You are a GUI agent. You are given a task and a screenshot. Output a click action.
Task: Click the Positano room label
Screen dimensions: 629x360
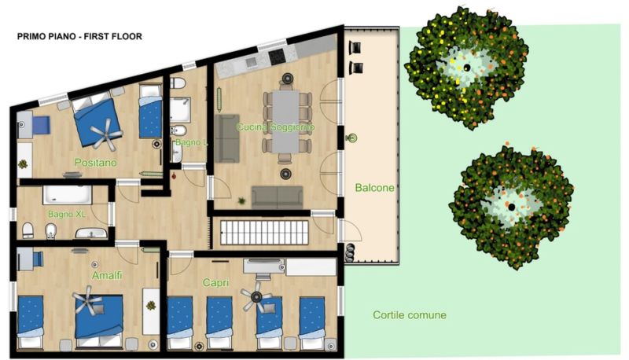(96, 163)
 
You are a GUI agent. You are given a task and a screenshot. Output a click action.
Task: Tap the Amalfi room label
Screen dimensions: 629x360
(107, 275)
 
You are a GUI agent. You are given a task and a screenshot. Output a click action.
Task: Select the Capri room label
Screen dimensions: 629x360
(215, 283)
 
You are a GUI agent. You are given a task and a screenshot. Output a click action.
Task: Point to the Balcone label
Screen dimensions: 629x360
(375, 188)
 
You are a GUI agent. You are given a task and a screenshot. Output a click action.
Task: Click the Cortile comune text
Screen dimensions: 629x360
(410, 315)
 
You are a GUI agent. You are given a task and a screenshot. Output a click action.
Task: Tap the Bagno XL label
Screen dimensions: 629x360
(67, 214)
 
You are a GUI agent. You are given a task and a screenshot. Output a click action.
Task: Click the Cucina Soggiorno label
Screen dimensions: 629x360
(276, 127)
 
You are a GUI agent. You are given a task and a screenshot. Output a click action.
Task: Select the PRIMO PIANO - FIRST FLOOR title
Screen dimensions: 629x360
(79, 36)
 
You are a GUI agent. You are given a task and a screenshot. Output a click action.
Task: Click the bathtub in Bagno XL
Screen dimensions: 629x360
(68, 195)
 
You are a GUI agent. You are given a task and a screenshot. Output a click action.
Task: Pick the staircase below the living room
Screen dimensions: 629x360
(264, 232)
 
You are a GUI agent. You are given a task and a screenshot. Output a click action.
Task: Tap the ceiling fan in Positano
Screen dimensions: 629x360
(106, 134)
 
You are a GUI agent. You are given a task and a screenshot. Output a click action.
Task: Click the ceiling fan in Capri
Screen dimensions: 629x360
(256, 297)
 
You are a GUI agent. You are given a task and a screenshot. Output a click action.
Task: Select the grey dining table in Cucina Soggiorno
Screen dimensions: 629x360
(285, 122)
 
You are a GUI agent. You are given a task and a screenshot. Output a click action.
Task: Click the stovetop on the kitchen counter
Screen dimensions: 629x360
(277, 57)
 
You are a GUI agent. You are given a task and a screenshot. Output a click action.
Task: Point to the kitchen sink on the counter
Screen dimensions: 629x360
(251, 62)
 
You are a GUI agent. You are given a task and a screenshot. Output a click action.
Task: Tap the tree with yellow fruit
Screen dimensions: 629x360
(466, 68)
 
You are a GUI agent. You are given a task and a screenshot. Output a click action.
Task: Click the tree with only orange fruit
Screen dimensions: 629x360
(513, 207)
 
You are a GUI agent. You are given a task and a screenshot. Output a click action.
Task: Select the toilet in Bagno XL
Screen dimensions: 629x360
(28, 230)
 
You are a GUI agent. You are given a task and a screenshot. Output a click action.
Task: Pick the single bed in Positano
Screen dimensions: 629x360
(150, 112)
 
